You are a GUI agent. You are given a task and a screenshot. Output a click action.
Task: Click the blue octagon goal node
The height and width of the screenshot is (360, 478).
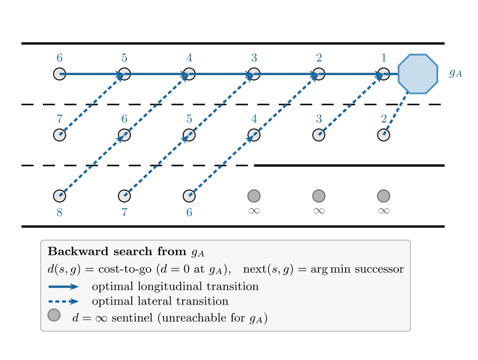417,74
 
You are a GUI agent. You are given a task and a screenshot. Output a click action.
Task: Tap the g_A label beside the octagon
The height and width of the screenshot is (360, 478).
455,73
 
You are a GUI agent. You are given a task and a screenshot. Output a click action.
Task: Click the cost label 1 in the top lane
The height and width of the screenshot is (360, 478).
384,58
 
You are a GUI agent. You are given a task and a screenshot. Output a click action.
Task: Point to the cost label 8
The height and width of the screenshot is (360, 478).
60,212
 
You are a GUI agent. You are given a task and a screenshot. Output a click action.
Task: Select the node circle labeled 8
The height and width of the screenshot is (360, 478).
60,196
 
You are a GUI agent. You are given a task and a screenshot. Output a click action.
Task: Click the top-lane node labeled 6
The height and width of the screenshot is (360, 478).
60,74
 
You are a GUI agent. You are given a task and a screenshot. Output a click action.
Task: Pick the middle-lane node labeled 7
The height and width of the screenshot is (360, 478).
60,135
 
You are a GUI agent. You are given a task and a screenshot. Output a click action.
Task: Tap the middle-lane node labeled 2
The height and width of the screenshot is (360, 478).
384,135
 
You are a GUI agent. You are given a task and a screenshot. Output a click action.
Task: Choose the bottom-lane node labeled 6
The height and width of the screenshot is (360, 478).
189,196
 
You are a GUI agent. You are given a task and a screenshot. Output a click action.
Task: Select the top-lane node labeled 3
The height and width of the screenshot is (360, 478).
254,74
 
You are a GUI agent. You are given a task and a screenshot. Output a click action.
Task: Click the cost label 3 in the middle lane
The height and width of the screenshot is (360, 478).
319,119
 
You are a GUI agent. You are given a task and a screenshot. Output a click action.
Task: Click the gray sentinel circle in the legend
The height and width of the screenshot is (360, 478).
54,315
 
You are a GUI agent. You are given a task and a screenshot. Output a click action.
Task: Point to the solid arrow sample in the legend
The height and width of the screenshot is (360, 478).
64,287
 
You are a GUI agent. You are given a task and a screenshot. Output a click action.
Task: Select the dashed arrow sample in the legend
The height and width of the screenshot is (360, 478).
64,301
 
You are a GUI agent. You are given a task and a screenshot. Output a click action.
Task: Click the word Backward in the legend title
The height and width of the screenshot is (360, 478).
78,251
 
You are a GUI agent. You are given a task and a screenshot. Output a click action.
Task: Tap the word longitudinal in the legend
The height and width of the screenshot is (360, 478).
170,287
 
